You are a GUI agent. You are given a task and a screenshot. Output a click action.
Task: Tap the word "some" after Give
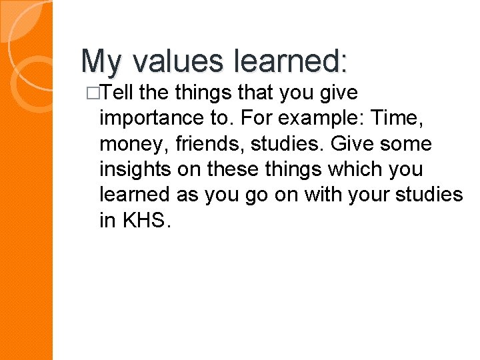coord(405,144)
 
